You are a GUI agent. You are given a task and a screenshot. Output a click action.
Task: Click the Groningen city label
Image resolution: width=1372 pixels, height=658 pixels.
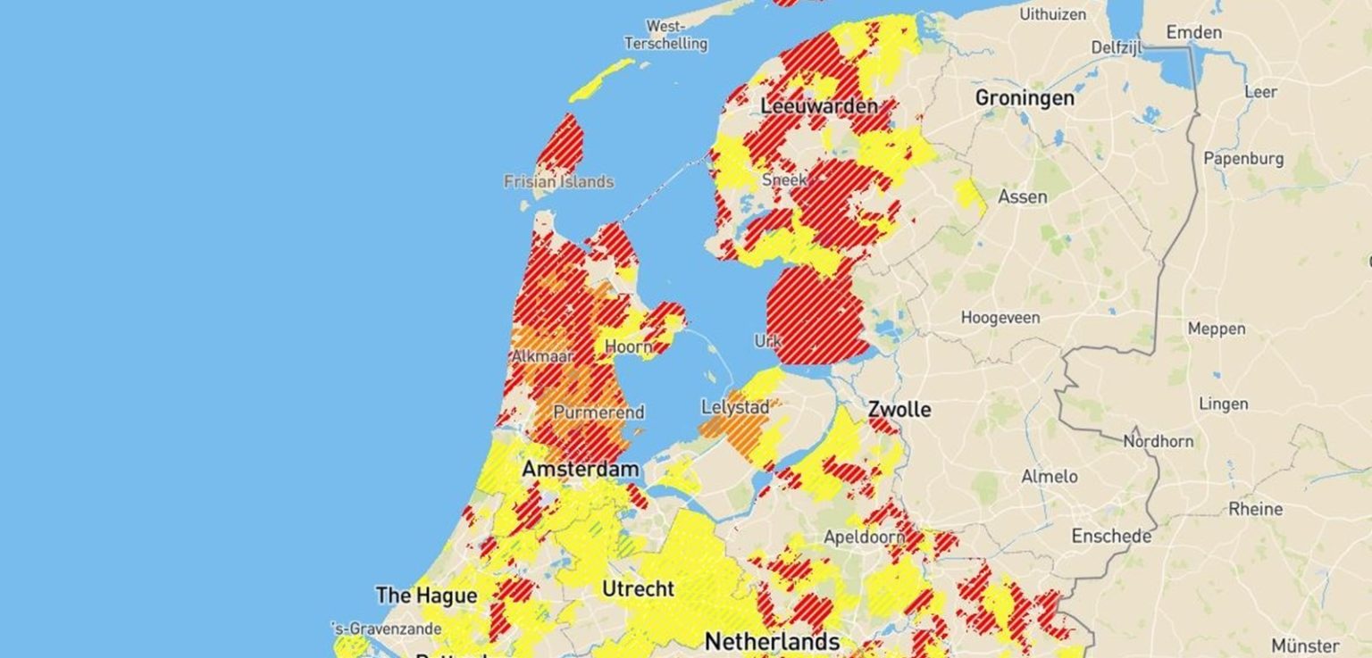(1025, 97)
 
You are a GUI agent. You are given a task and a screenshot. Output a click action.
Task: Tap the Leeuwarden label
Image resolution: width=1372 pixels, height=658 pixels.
(818, 106)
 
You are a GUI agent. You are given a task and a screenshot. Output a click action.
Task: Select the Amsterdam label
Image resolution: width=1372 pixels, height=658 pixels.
(581, 470)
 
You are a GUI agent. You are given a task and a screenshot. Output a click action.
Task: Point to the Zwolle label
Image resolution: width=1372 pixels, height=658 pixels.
(899, 410)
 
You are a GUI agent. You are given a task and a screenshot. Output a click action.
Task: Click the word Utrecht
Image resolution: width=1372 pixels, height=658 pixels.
(638, 589)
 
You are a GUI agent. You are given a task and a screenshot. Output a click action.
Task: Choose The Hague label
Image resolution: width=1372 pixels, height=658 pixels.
(426, 596)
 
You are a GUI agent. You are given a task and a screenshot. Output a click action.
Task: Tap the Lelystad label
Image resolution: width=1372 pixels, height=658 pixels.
(735, 407)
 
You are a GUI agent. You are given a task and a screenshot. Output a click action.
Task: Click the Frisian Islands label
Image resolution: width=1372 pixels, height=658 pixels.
(558, 182)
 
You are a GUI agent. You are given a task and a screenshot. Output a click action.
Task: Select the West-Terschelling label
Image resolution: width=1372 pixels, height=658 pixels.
(665, 35)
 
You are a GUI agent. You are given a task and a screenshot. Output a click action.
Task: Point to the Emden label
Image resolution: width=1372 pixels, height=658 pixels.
(1193, 33)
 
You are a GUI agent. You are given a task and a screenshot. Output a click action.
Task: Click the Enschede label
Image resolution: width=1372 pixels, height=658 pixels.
(1111, 537)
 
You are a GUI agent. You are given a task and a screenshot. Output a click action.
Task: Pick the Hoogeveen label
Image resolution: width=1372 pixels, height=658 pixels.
(1003, 317)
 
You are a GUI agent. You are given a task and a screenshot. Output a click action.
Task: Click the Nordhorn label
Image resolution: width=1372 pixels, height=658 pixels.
(1158, 441)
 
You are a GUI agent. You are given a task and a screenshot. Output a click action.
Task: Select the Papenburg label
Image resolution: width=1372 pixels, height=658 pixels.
(1243, 159)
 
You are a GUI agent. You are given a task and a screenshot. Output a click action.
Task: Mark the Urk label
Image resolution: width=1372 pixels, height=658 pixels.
(767, 341)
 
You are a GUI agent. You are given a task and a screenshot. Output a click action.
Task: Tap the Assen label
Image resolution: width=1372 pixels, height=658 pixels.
(1022, 196)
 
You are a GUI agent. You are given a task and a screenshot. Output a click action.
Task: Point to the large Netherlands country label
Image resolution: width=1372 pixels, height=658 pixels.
(772, 641)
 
